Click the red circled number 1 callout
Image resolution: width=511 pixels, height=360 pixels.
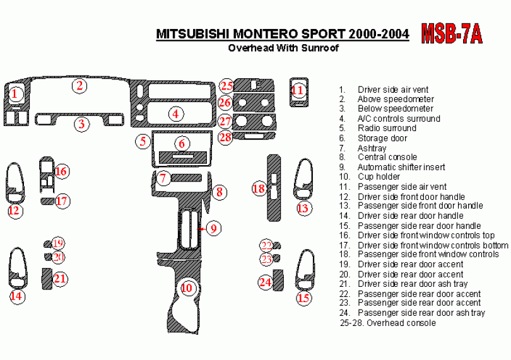16,95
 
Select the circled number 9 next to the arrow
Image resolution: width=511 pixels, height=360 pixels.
214,228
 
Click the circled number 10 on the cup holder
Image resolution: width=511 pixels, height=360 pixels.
186,288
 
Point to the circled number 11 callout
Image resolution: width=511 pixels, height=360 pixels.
298,90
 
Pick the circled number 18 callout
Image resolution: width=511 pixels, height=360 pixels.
259,188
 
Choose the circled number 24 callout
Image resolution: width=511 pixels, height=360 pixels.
266,282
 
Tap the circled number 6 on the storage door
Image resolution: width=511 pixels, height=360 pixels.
181,143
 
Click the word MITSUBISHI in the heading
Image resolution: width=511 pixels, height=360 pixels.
194,34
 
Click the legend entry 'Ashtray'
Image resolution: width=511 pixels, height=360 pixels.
372,148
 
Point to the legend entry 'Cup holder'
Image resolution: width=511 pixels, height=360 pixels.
379,177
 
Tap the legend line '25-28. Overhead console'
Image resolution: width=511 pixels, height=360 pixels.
387,323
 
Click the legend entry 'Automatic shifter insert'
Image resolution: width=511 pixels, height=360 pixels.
401,168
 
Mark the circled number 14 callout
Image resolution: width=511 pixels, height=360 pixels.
16,296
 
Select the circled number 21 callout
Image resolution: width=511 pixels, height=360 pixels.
59,278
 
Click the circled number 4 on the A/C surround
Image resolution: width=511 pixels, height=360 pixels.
175,113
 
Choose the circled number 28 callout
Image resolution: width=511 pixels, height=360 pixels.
225,136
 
